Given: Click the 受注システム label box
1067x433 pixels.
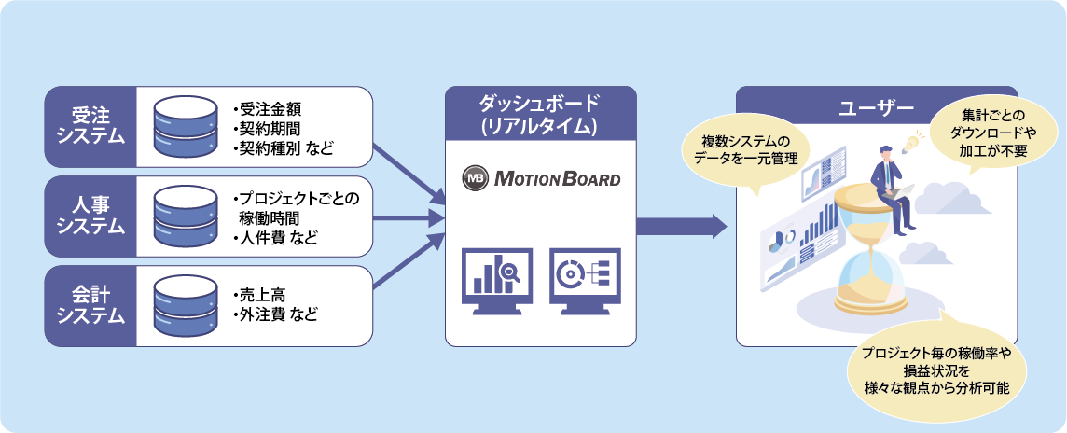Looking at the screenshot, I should tap(90, 123).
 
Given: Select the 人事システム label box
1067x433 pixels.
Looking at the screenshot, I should tap(90, 214).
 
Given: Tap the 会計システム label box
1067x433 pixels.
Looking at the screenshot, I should tap(90, 304).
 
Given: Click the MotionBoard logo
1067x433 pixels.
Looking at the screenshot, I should tap(541, 177).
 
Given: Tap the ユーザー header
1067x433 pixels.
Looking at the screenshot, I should tap(876, 107).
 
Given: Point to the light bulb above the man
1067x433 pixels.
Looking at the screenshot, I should tap(909, 142).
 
